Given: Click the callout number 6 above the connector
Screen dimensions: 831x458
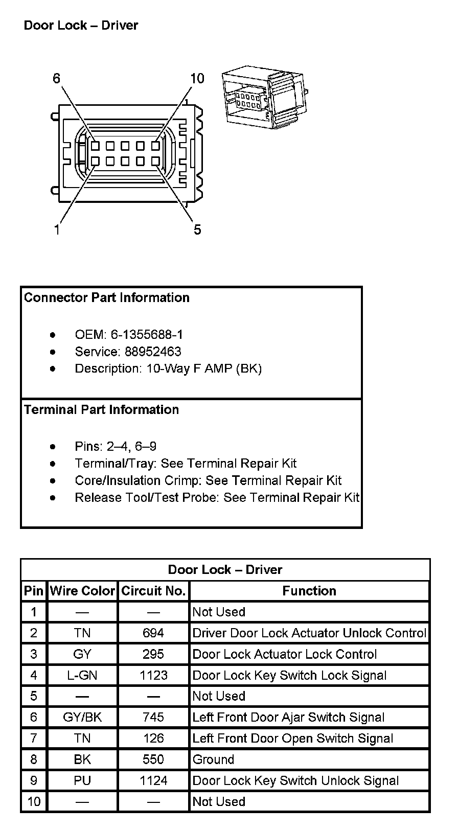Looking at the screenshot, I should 56,78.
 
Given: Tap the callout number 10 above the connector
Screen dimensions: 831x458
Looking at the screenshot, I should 197,78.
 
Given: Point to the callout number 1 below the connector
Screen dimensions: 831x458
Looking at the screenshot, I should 57,230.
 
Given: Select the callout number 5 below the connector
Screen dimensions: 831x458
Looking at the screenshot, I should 197,230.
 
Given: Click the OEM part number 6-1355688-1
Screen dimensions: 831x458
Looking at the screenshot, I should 147,335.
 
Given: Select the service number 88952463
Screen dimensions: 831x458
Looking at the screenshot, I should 152,352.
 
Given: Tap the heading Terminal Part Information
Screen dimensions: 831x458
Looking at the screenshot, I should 101,410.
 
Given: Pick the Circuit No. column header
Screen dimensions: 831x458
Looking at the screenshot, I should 153,591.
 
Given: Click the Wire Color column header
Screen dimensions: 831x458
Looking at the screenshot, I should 82,591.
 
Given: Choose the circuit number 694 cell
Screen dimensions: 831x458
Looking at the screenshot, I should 153,633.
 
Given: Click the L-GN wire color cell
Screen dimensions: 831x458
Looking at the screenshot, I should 82,675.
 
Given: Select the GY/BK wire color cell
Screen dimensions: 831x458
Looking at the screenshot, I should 82,718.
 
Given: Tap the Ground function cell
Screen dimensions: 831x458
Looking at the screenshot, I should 213,759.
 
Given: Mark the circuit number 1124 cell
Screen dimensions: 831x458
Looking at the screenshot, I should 153,781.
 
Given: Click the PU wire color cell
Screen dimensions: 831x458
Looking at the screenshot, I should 82,781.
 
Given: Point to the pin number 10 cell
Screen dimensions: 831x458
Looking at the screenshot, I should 34,802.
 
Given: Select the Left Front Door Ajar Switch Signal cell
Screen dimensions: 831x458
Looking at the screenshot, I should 288,718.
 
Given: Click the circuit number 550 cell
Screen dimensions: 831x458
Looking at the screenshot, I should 153,759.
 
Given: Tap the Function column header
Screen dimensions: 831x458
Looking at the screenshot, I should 309,591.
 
